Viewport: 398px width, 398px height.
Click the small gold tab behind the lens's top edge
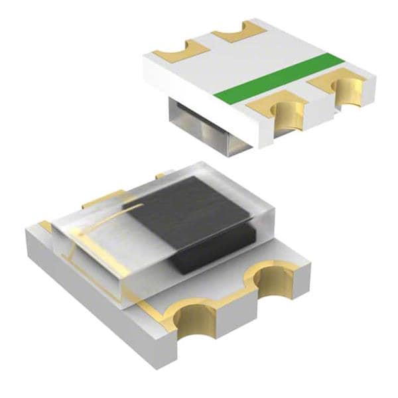pos(161,176)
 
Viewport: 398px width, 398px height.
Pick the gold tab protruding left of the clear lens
pos(99,199)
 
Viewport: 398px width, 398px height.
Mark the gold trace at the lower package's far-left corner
pos(45,226)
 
